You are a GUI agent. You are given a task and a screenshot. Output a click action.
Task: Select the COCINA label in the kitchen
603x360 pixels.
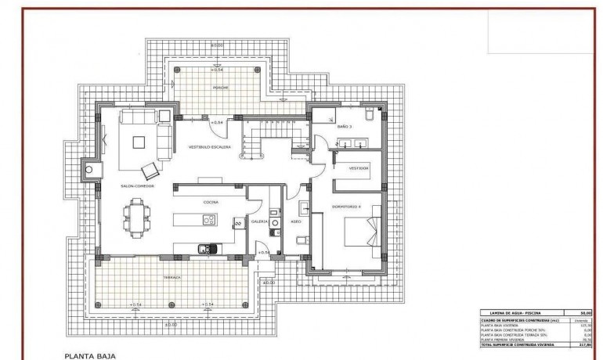pyautogui.click(x=210, y=202)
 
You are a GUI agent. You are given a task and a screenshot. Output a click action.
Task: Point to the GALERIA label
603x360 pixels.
pyautogui.click(x=260, y=221)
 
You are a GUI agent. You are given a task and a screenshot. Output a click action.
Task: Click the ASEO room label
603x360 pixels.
pyautogui.click(x=296, y=221)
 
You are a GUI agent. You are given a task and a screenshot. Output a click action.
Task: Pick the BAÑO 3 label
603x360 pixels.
pyautogui.click(x=345, y=126)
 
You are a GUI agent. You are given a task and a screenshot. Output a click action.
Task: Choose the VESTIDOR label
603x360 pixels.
pyautogui.click(x=358, y=168)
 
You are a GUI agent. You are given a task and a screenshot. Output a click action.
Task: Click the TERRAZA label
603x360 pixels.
pyautogui.click(x=172, y=277)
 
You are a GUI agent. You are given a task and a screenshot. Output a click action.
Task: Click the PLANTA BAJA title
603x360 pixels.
pyautogui.click(x=89, y=355)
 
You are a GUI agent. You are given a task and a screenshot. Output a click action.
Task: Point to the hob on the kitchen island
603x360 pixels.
pyautogui.click(x=210, y=221)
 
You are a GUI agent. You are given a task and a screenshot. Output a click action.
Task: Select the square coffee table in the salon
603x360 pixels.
pyautogui.click(x=139, y=142)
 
